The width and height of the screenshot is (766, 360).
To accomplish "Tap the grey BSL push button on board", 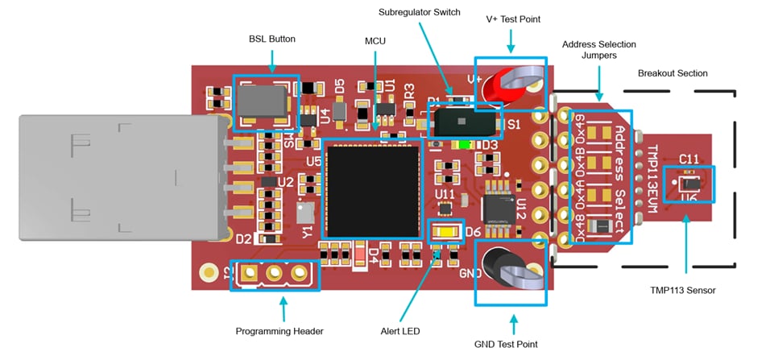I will coord(265,101).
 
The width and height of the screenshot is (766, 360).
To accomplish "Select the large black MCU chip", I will coord(372,190).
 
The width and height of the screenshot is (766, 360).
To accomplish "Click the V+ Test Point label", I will coord(512,19).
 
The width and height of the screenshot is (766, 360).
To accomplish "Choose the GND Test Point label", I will coord(512,344).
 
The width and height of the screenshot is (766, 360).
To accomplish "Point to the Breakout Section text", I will coord(673,73).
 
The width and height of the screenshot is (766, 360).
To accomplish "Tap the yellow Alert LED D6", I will coord(446,233).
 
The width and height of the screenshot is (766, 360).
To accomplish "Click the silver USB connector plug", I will coord(121,177).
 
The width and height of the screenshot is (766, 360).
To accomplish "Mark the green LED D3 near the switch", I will coord(462,146).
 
